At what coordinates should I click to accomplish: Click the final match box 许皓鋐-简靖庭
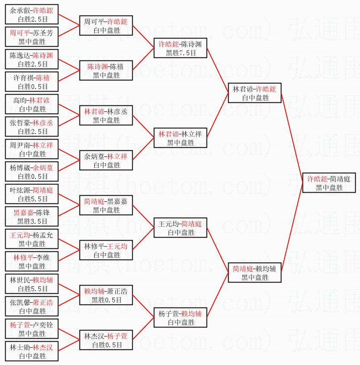(x=329, y=183)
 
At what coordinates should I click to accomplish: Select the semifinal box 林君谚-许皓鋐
(x=255, y=93)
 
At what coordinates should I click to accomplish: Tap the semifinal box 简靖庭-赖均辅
(x=255, y=273)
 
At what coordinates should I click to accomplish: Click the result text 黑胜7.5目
(x=181, y=53)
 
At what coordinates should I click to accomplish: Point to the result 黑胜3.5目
(x=32, y=221)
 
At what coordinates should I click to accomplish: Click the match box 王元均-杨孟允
(x=32, y=239)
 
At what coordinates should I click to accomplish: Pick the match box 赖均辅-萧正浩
(x=106, y=295)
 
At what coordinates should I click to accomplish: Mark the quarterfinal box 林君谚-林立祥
(x=181, y=138)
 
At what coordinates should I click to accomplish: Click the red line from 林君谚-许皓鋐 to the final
(x=292, y=138)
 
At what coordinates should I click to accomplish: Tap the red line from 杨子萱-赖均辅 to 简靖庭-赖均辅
(x=217, y=295)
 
